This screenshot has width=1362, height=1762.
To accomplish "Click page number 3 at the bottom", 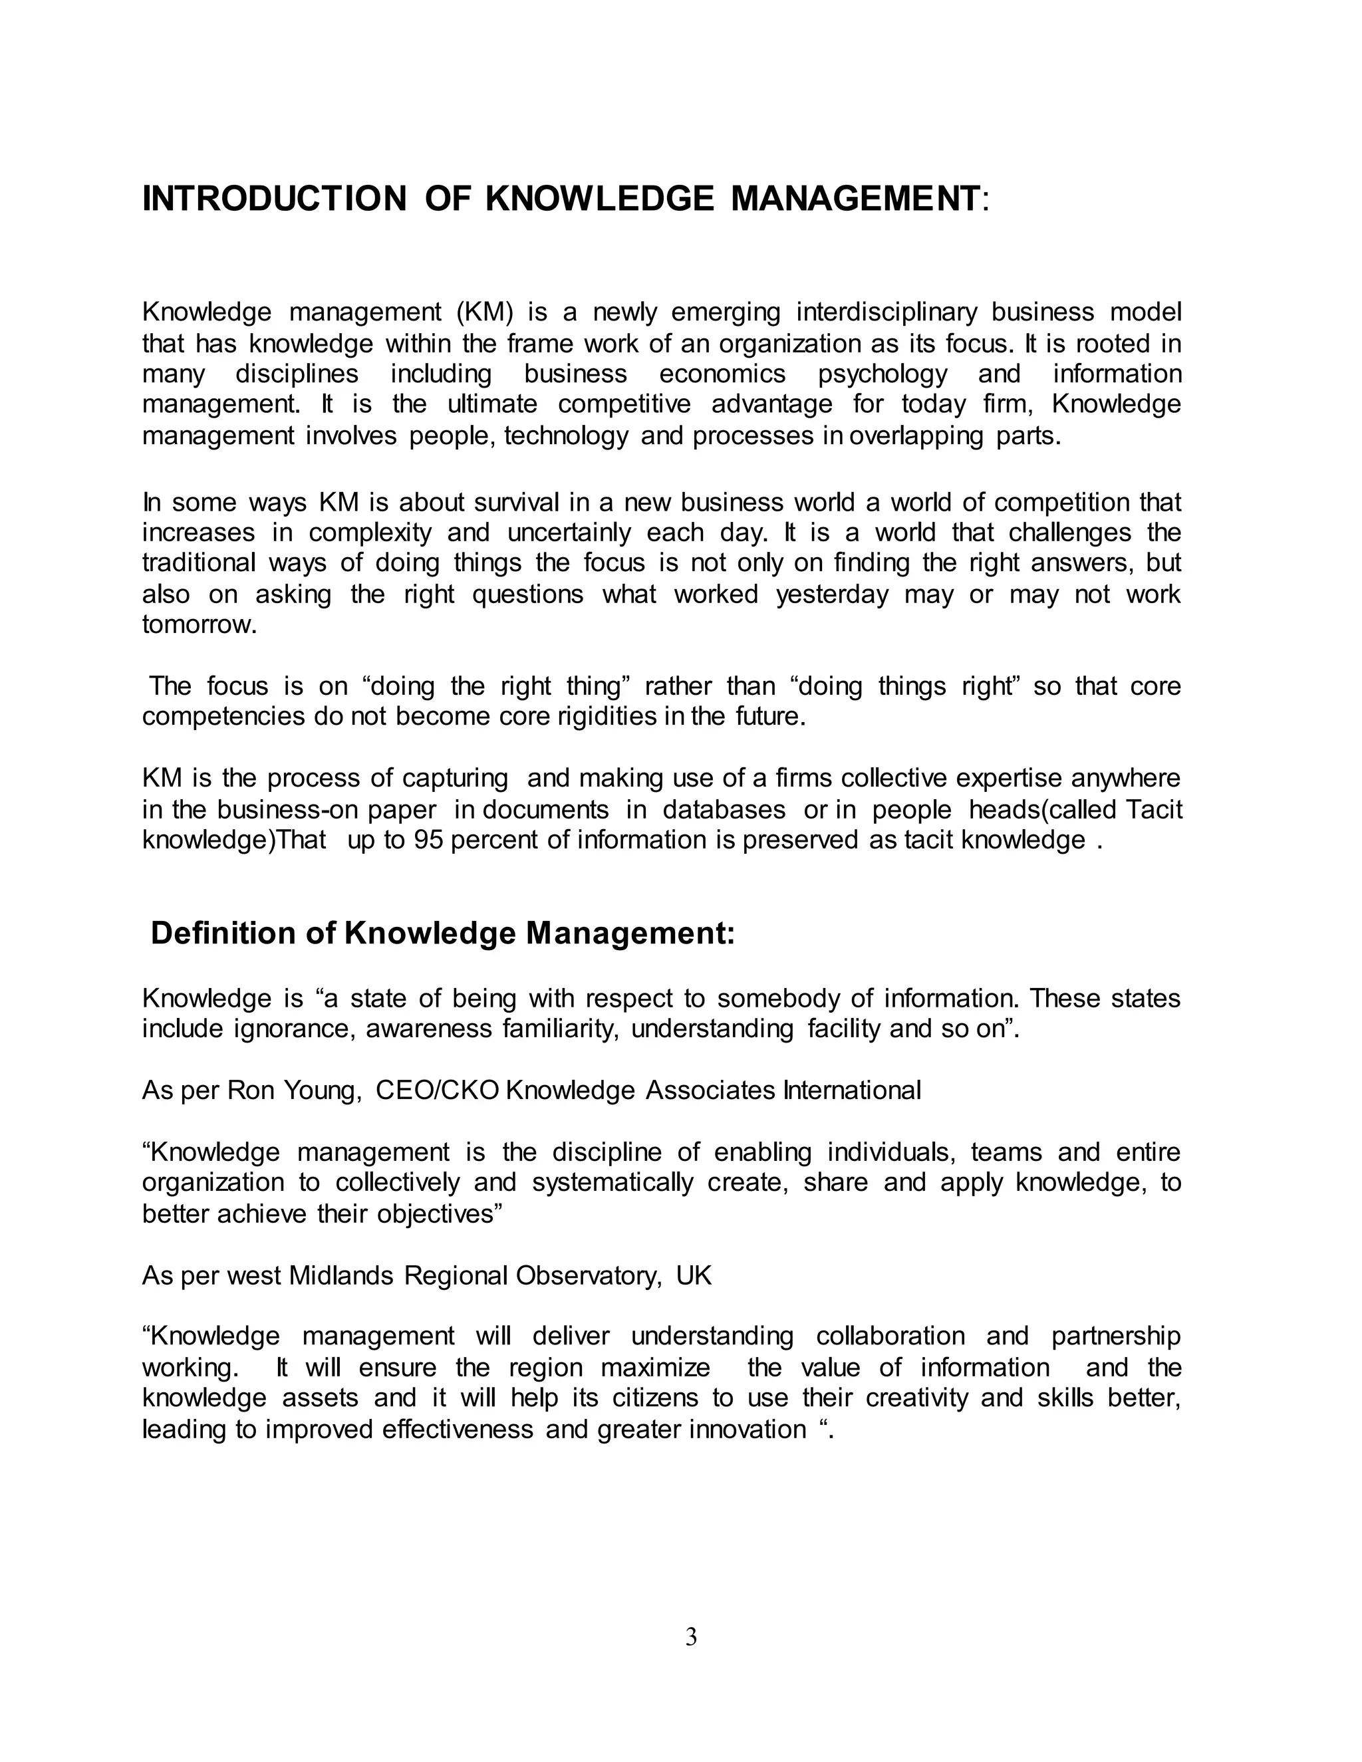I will click(691, 1637).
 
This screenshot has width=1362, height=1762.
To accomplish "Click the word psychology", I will click(882, 374).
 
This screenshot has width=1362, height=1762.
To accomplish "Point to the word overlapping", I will click(916, 436).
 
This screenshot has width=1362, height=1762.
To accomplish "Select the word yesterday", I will click(831, 594).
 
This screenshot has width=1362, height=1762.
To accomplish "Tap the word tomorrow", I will click(198, 624).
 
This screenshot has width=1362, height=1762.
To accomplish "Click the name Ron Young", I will click(292, 1090).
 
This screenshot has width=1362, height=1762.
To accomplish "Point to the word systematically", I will click(613, 1182).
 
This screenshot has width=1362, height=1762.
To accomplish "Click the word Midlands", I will click(340, 1275).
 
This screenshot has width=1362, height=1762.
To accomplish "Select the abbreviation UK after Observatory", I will click(694, 1275).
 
